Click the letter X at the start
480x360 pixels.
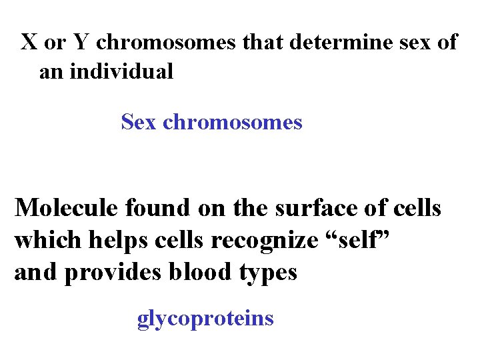click(29, 42)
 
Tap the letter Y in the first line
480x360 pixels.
click(80, 42)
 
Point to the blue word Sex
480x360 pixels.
click(139, 122)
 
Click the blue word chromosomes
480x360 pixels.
click(233, 122)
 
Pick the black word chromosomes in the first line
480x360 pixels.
click(166, 42)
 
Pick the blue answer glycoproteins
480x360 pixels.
click(205, 319)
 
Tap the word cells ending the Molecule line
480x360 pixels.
click(414, 208)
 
